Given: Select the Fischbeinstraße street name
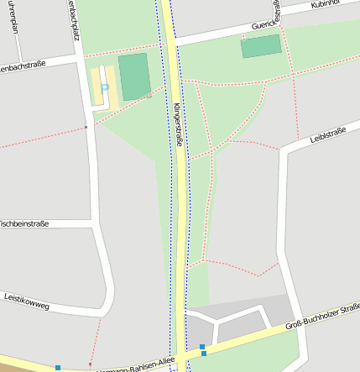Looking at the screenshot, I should tap(23, 224).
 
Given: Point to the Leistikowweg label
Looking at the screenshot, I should tap(27, 301).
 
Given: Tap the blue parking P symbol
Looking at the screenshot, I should tap(104, 87).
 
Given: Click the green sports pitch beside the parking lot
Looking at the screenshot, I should tap(133, 76).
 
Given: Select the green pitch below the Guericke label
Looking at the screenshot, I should tap(261, 47).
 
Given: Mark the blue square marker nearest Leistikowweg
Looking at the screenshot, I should tap(58, 367).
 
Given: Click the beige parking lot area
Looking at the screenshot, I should tap(99, 88).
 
